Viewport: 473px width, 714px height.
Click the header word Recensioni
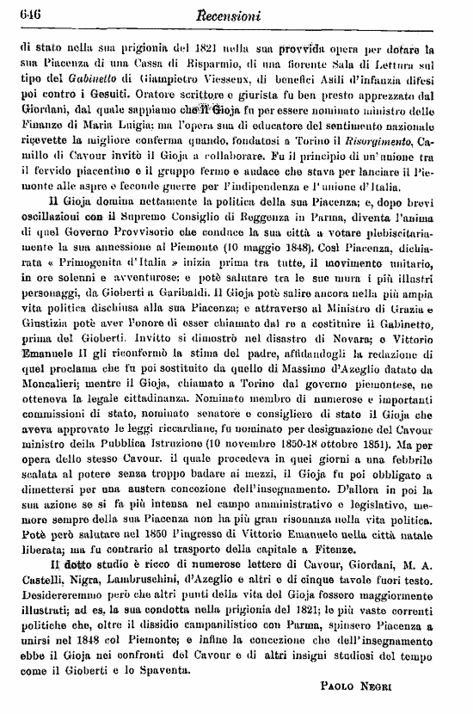[x=240, y=14]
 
